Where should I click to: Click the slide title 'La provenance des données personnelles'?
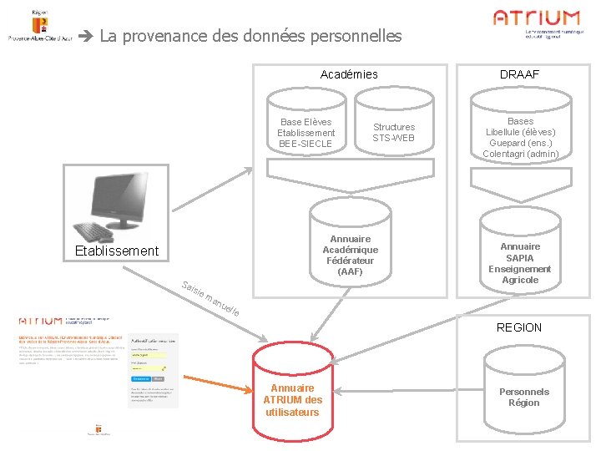click(x=250, y=36)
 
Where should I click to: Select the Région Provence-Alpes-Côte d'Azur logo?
click(x=38, y=29)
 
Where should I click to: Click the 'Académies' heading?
click(x=349, y=74)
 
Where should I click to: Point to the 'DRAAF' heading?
click(x=519, y=74)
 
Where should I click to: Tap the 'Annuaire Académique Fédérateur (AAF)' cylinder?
click(x=350, y=251)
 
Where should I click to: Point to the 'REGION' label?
click(x=519, y=327)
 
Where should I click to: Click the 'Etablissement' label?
click(x=116, y=251)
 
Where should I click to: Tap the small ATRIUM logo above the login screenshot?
click(x=40, y=320)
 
